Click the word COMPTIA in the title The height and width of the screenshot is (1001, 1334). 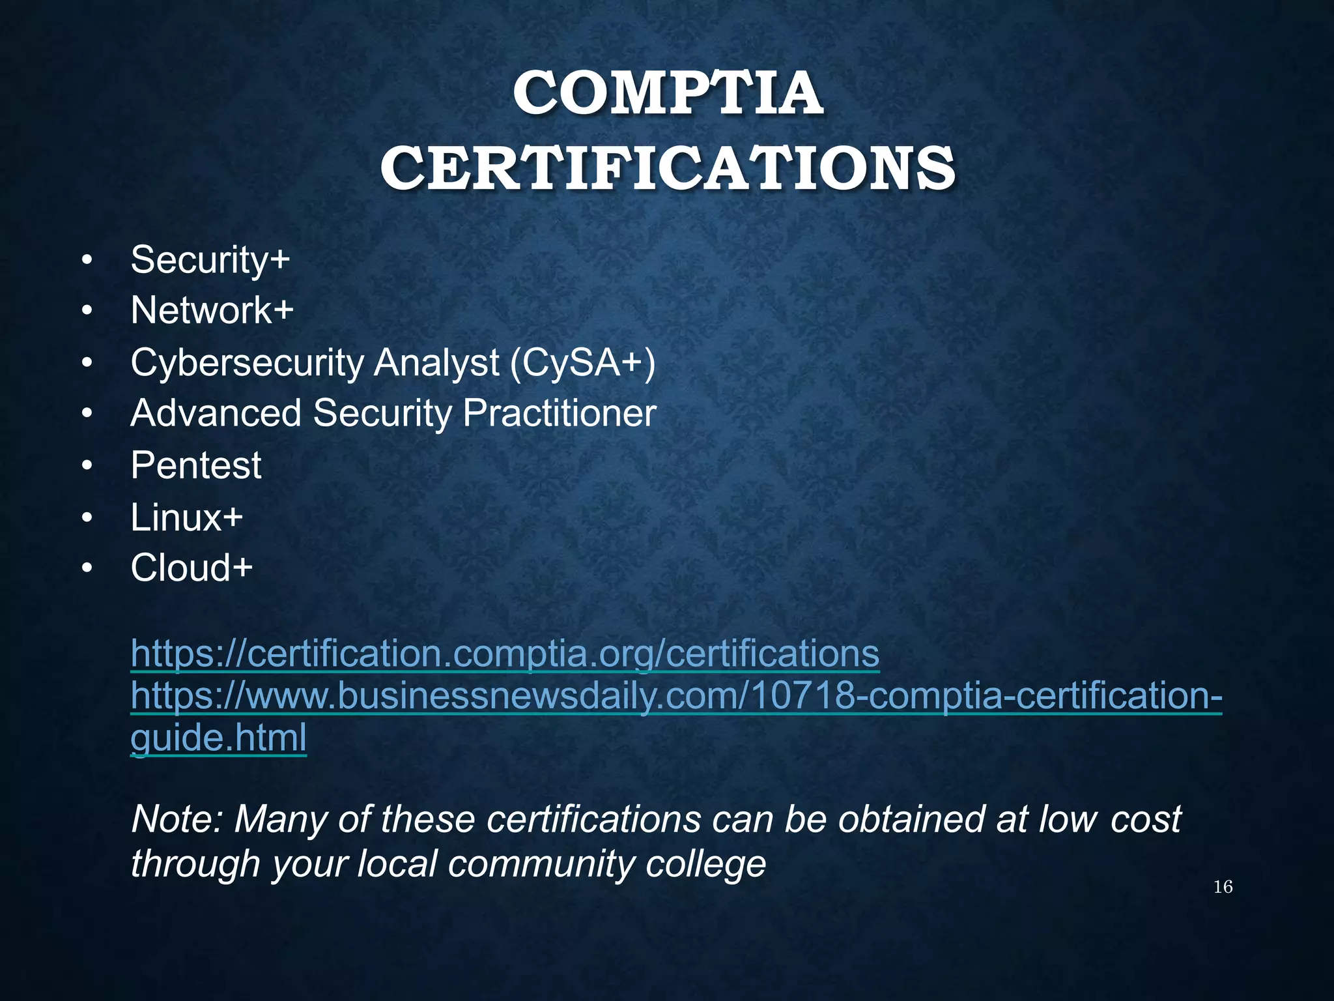click(668, 94)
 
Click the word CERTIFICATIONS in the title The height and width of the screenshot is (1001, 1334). click(668, 167)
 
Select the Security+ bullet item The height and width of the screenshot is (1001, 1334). click(210, 260)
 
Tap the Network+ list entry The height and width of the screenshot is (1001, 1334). click(212, 310)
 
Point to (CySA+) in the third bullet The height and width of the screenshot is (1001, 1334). click(582, 362)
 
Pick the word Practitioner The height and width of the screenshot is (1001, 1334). click(559, 414)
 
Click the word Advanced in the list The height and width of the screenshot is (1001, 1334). click(216, 414)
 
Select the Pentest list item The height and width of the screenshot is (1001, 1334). click(195, 465)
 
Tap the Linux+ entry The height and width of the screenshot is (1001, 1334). click(186, 517)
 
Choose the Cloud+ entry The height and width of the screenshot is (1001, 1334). click(191, 568)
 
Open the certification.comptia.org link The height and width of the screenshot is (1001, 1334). click(505, 653)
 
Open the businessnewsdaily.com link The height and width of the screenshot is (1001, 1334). click(676, 695)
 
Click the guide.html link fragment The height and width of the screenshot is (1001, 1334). click(218, 738)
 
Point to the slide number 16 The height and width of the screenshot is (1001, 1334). click(1223, 887)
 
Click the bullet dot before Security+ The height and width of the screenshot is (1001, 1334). click(87, 261)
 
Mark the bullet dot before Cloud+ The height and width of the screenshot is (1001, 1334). click(87, 568)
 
